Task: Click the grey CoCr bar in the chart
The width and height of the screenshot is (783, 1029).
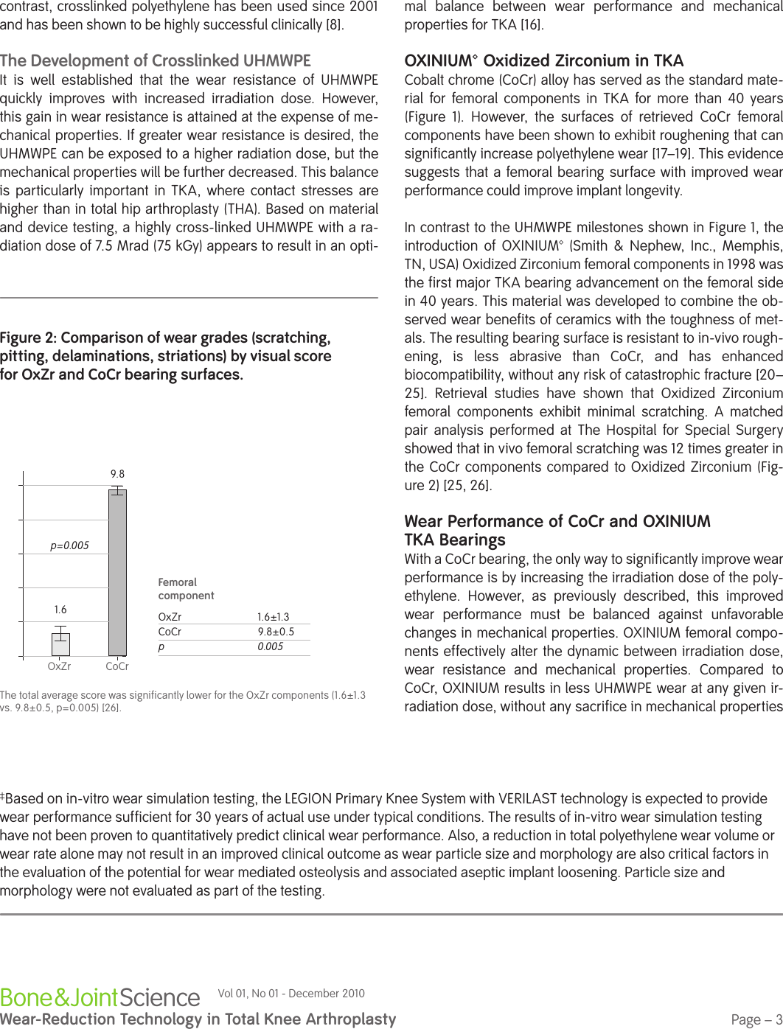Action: (x=117, y=573)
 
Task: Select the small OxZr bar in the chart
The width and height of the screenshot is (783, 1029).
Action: (x=60, y=644)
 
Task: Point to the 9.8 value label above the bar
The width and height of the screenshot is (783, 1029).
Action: (x=117, y=474)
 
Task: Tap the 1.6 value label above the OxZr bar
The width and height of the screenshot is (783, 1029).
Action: (x=60, y=610)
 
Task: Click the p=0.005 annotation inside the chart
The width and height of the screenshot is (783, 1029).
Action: (x=69, y=545)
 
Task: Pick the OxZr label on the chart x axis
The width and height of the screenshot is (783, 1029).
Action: (x=59, y=666)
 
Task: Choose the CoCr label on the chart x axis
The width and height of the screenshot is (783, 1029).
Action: (x=117, y=666)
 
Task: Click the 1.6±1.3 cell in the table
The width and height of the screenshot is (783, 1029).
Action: (x=274, y=617)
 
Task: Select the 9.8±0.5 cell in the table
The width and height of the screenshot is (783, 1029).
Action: (x=276, y=632)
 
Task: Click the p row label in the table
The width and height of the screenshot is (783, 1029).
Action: (x=161, y=646)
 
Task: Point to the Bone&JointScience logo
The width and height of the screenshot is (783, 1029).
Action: (x=100, y=997)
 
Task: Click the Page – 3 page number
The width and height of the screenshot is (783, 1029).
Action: (x=756, y=1019)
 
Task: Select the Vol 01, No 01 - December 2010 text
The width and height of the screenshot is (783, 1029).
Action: (x=291, y=994)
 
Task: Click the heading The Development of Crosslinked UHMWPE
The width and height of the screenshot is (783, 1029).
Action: (x=156, y=60)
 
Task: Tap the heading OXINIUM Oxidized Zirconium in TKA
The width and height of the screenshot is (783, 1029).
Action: (x=544, y=60)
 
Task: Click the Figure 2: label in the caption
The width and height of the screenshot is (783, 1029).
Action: (x=29, y=338)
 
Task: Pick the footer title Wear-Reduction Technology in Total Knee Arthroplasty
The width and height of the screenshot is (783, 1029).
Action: (x=198, y=1019)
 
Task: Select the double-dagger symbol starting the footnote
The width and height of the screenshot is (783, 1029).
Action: (x=3, y=796)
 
